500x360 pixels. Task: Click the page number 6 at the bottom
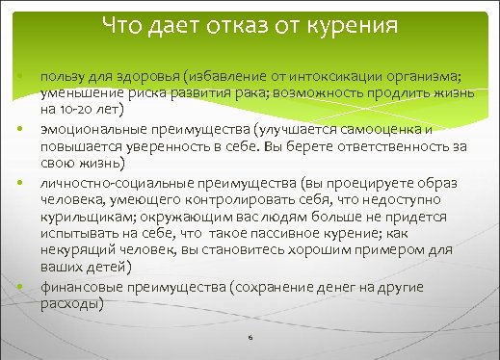[x=250, y=338]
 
